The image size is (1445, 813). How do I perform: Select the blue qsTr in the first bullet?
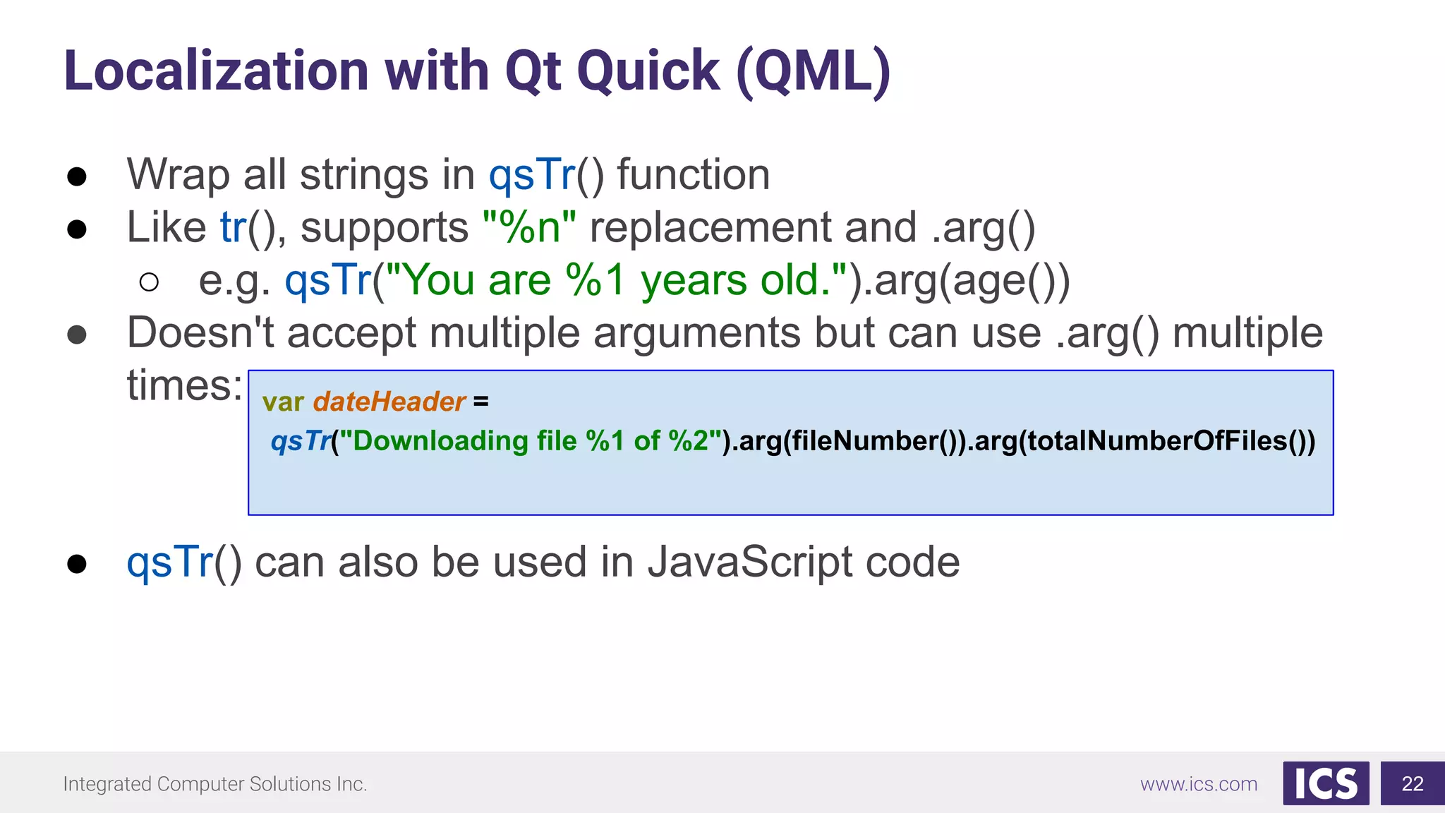tap(532, 174)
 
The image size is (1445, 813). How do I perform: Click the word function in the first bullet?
tap(693, 174)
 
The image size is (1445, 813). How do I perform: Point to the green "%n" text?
tap(529, 227)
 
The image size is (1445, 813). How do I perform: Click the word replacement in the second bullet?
tap(710, 227)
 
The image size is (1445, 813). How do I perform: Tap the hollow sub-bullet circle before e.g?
tap(149, 282)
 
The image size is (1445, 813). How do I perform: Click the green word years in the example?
tap(694, 280)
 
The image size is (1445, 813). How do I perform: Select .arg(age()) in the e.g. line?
tap(960, 280)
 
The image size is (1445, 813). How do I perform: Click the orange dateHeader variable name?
tap(389, 402)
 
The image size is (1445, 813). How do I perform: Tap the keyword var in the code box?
tap(283, 402)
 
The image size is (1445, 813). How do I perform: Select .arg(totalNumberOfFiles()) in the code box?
tap(1141, 441)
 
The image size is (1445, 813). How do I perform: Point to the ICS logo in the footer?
tap(1325, 783)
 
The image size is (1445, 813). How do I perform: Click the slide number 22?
tap(1412, 783)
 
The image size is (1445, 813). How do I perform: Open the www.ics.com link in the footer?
tap(1198, 784)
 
